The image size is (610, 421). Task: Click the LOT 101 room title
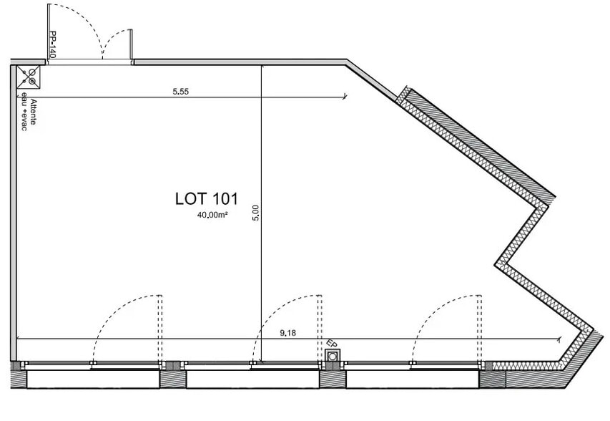coord(206,198)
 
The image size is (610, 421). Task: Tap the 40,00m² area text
coord(212,215)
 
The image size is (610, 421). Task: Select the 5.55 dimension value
coord(180,92)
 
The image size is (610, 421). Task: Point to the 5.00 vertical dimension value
coord(255,213)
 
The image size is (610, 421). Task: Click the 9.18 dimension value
coord(288,333)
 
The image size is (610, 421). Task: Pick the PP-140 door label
coord(53,45)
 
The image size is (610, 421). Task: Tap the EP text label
coord(331,344)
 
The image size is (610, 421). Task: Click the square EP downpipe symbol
coord(333,356)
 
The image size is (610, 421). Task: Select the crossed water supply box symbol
coord(29,77)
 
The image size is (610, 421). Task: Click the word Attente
coord(34,112)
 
